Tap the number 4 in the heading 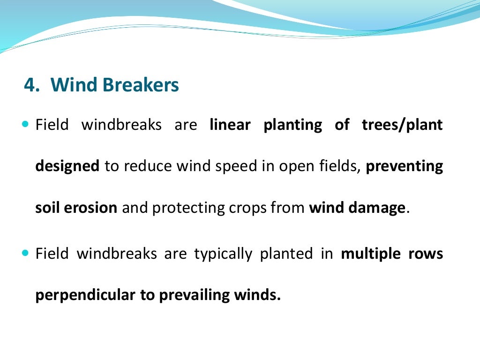(30, 85)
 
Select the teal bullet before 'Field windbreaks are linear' (25, 125)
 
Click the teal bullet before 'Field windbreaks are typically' (25, 254)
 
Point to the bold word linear (230, 125)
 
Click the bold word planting (292, 126)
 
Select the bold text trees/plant (402, 126)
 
